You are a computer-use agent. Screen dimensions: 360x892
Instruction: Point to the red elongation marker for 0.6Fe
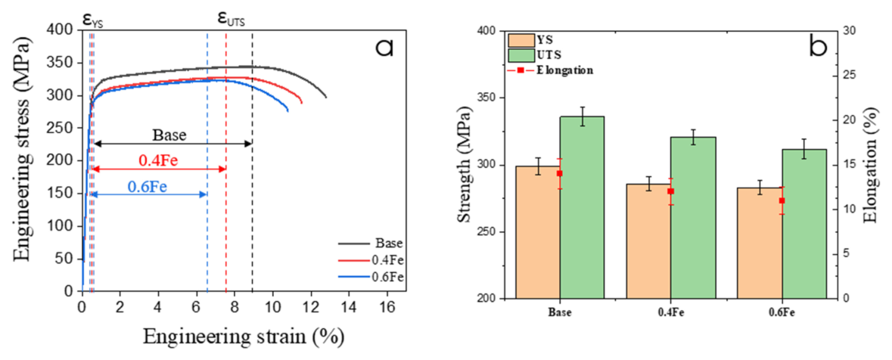782,200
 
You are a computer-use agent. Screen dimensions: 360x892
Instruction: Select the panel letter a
385,48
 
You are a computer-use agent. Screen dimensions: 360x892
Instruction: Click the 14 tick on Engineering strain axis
349,307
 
